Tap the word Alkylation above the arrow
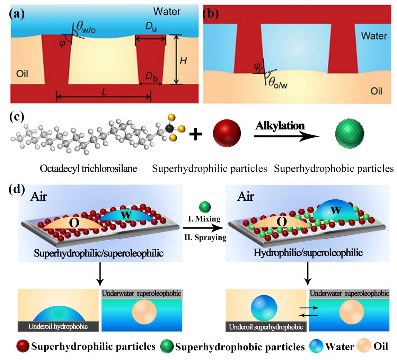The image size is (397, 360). [280, 125]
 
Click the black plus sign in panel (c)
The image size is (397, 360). [196, 134]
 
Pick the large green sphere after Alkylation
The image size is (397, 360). [350, 133]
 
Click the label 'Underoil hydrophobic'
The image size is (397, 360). [59, 326]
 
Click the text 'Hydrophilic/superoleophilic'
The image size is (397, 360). [308, 253]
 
